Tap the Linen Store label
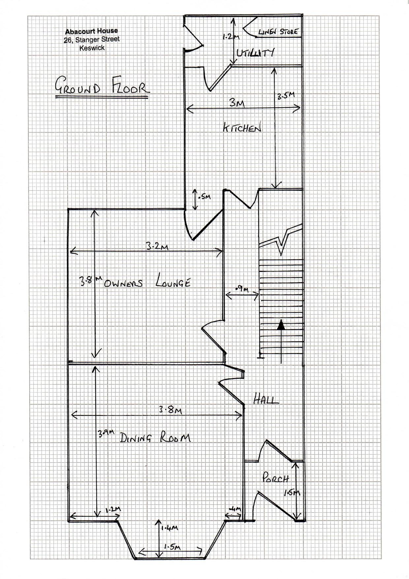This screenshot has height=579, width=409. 278,32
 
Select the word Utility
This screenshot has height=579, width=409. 255,53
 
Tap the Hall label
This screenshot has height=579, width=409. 266,400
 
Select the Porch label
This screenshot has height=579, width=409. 275,478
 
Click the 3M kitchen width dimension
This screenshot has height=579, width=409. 237,103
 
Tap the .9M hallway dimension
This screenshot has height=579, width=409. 242,289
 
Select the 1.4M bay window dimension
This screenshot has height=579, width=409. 170,528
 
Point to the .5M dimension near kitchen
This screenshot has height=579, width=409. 204,197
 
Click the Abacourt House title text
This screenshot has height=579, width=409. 91,31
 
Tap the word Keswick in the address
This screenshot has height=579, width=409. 92,48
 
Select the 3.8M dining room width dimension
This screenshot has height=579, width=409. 170,410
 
